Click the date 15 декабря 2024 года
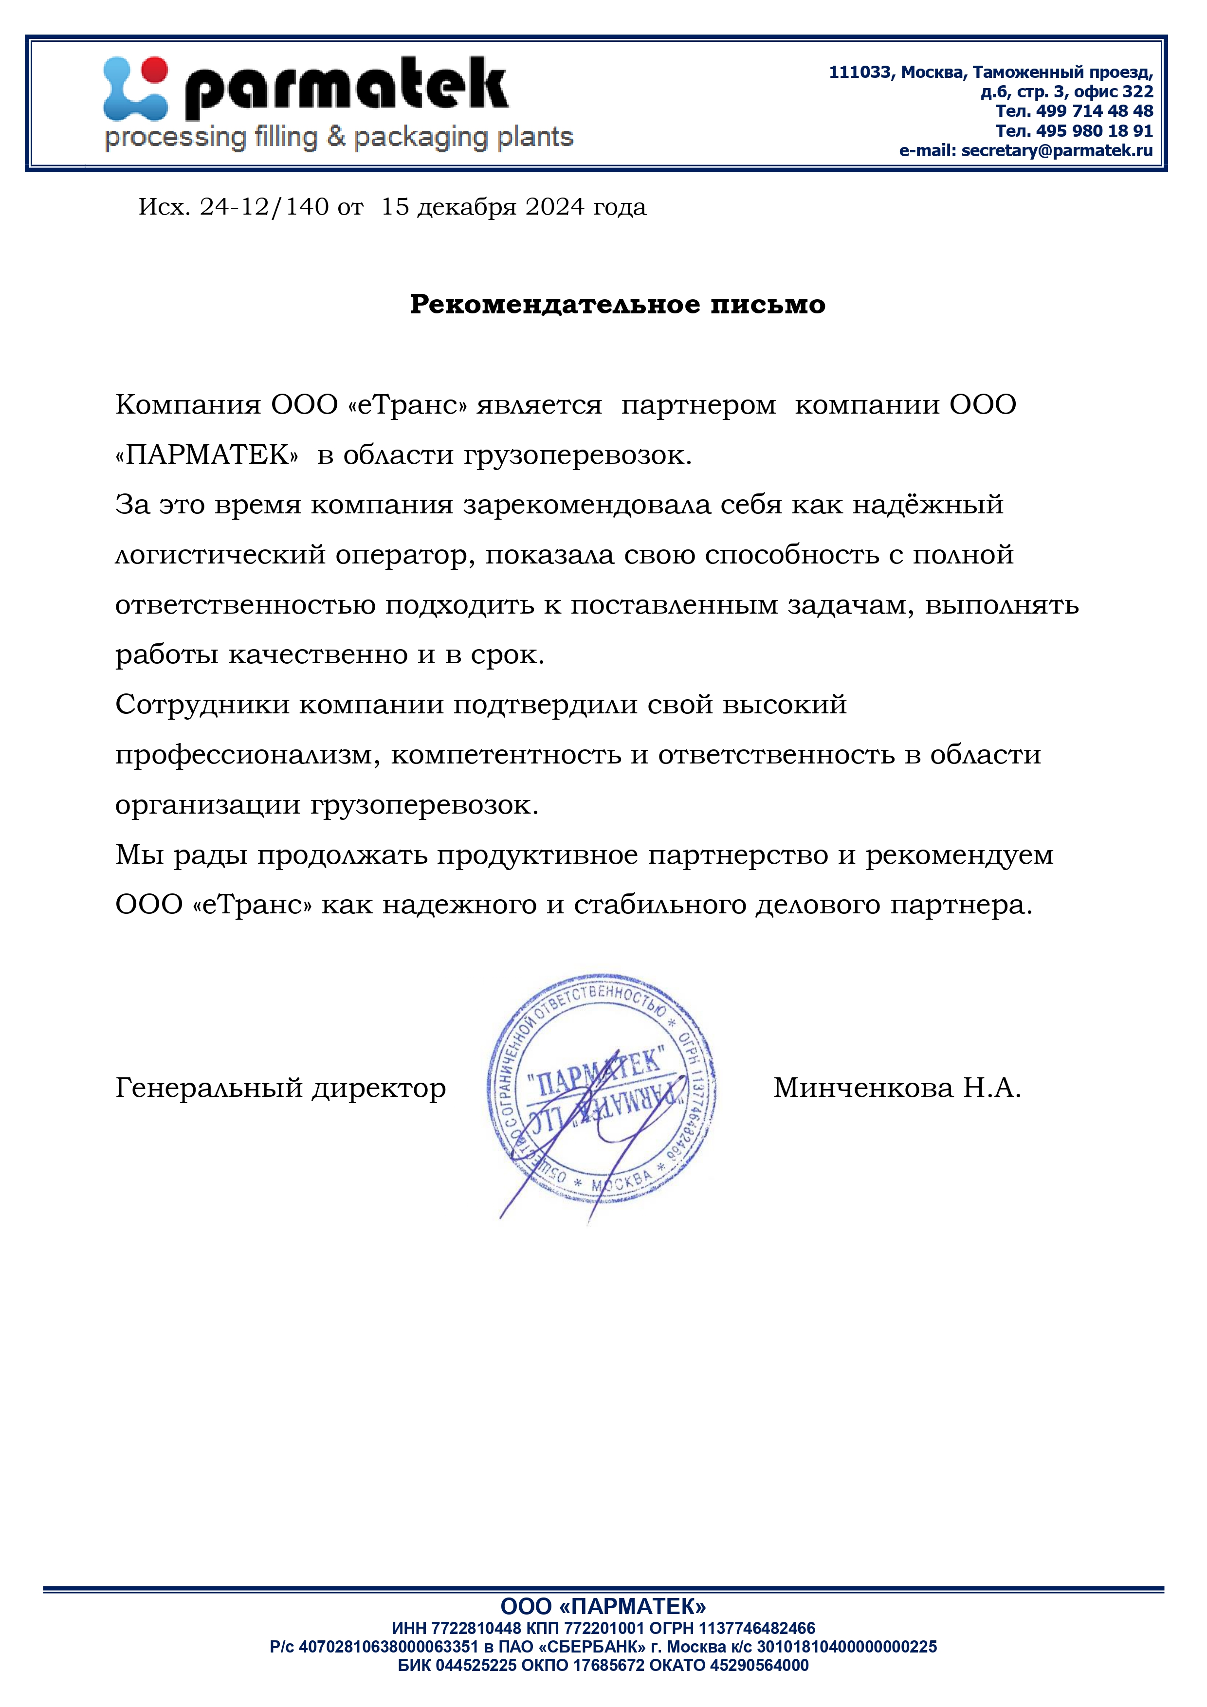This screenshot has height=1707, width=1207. click(x=513, y=207)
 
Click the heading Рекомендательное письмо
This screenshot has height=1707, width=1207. click(x=617, y=304)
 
